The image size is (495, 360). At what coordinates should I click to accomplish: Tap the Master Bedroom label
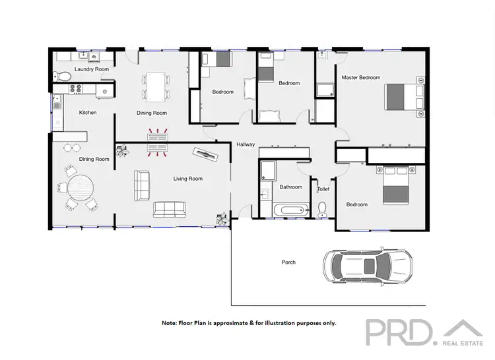point(361,78)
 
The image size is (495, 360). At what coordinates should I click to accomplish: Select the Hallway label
point(246,144)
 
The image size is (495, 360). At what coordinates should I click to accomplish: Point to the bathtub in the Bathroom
point(290,211)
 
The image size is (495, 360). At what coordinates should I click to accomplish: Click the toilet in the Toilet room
point(323,209)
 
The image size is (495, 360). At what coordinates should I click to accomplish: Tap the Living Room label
point(188,179)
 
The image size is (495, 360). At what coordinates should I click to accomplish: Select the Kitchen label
point(88,113)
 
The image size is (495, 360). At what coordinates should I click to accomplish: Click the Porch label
point(288,262)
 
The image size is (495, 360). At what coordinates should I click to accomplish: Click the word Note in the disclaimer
point(170,323)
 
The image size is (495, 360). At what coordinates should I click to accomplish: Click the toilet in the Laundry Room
point(63,77)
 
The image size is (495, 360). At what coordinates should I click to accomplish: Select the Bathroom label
point(290,187)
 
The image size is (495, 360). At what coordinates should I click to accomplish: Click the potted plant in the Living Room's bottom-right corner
point(220,216)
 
